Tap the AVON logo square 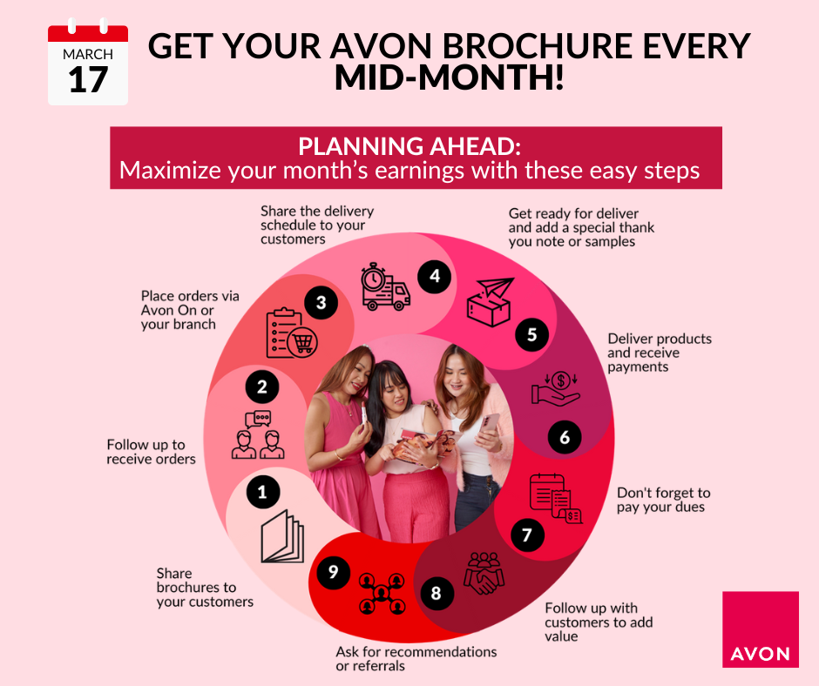761,629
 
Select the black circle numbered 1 262,494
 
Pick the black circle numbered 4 434,277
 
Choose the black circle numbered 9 333,572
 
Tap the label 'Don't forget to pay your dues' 663,500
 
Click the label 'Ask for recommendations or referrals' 416,659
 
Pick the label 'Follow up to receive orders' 151,452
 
